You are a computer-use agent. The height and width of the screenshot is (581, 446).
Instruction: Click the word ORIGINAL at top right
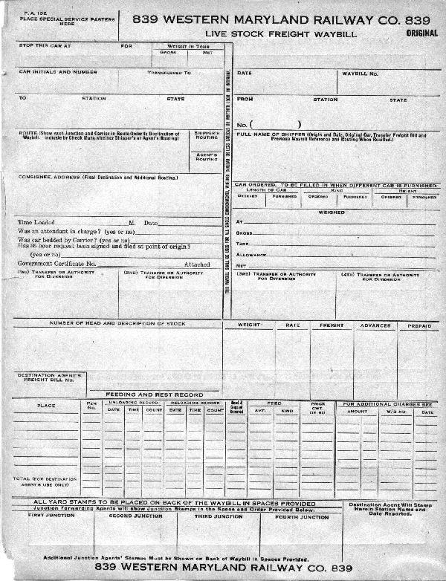tap(422, 33)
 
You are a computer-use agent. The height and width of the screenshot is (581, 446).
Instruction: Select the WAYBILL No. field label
tap(361, 74)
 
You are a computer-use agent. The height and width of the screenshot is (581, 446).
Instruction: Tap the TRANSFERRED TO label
tap(169, 73)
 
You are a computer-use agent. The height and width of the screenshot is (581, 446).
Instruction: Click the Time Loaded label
tap(36, 222)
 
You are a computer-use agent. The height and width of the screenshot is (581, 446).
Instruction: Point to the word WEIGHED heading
tap(332, 212)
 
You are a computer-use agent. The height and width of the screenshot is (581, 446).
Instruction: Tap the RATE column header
tap(293, 325)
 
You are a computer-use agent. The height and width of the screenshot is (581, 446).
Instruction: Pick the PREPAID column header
tap(418, 325)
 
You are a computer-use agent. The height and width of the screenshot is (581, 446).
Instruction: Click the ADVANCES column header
tap(375, 325)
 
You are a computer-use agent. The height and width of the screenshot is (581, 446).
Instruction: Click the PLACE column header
tap(45, 406)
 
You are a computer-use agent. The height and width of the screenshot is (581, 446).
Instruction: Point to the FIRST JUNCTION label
tap(47, 516)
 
